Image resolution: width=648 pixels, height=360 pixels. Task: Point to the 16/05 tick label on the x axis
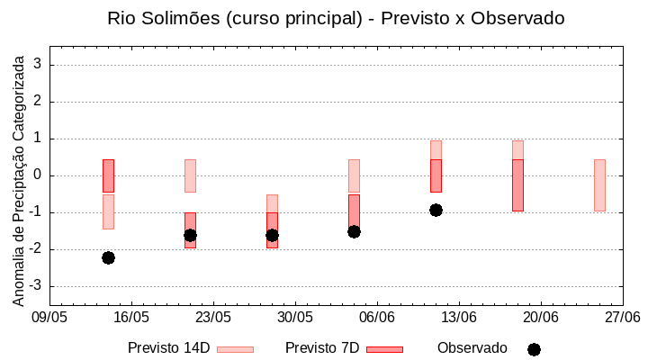[131, 317]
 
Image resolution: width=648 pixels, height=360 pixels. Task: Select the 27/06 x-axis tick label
[622, 317]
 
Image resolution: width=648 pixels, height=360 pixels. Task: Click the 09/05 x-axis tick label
[49, 317]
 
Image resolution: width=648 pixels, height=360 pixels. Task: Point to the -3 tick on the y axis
[38, 286]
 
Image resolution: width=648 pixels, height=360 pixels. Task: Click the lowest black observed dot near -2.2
[108, 257]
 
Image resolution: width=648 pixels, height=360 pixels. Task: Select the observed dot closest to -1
[436, 210]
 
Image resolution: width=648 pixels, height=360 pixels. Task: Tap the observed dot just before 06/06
[354, 231]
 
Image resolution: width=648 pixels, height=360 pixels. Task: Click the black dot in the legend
[534, 349]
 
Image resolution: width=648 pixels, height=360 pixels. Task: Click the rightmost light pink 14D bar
[599, 184]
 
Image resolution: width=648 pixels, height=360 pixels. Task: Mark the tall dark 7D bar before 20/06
[517, 184]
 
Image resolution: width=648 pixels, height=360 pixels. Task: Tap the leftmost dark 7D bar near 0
[108, 175]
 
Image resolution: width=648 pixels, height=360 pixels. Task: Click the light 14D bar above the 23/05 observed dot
[190, 175]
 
